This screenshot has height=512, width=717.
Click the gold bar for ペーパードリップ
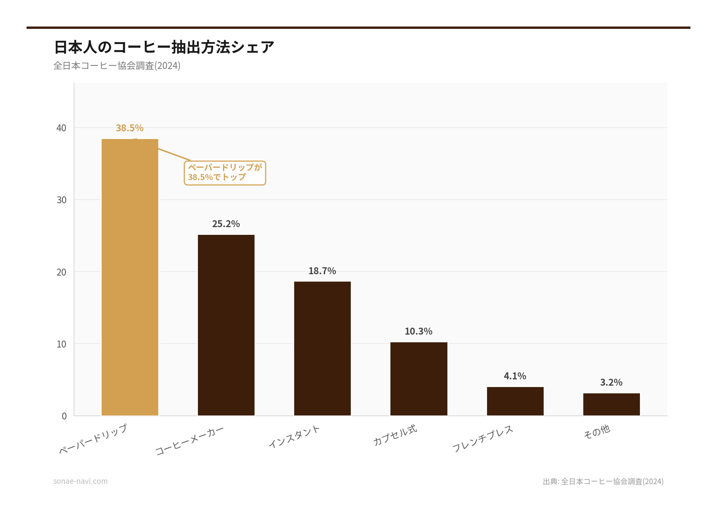130,277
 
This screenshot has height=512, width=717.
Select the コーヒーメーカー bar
226,325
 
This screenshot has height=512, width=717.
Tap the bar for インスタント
322,348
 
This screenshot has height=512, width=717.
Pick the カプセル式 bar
419,379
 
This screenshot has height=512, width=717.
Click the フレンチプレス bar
515,401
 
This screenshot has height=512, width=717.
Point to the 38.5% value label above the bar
130,128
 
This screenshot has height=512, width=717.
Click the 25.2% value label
226,224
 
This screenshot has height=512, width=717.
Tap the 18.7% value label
322,271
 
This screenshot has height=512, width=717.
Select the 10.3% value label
419,331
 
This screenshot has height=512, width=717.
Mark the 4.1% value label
515,376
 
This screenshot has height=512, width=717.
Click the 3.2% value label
611,382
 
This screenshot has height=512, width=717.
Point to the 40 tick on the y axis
61,128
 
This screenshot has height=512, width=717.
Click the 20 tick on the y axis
61,272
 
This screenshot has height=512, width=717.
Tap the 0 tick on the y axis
64,416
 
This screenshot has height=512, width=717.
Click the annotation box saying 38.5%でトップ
225,173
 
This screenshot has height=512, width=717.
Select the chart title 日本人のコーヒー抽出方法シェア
164,47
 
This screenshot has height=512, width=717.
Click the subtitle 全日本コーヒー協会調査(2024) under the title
117,66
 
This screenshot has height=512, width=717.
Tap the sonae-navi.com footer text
81,481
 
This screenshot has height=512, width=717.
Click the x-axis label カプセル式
395,435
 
